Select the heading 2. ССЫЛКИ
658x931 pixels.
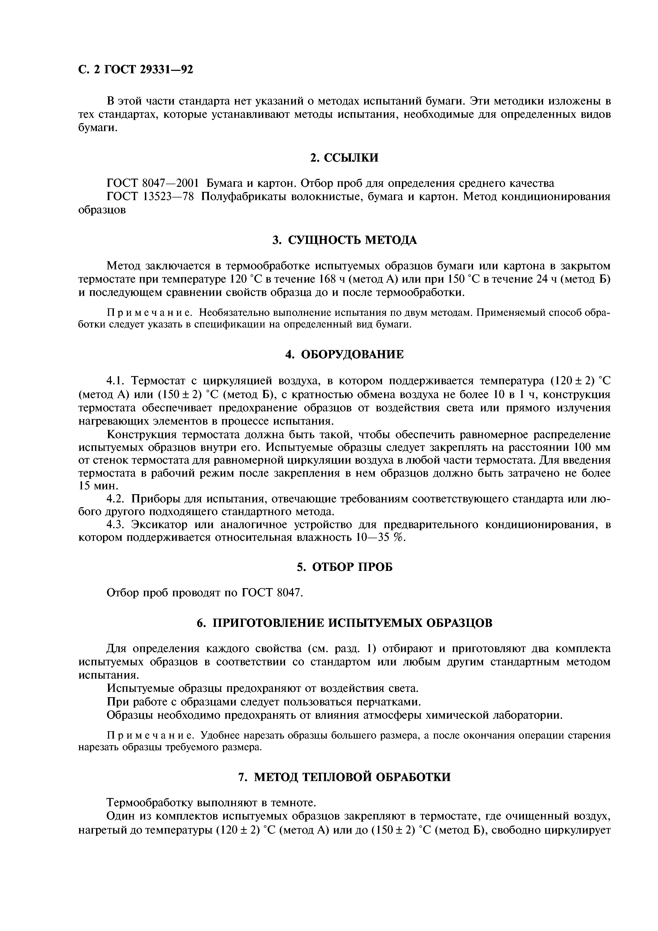pyautogui.click(x=344, y=158)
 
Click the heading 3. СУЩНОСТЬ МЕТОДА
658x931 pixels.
pyautogui.click(x=344, y=240)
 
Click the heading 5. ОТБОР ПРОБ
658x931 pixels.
pyautogui.click(x=344, y=567)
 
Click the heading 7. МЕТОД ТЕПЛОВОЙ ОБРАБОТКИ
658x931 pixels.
pyautogui.click(x=344, y=777)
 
